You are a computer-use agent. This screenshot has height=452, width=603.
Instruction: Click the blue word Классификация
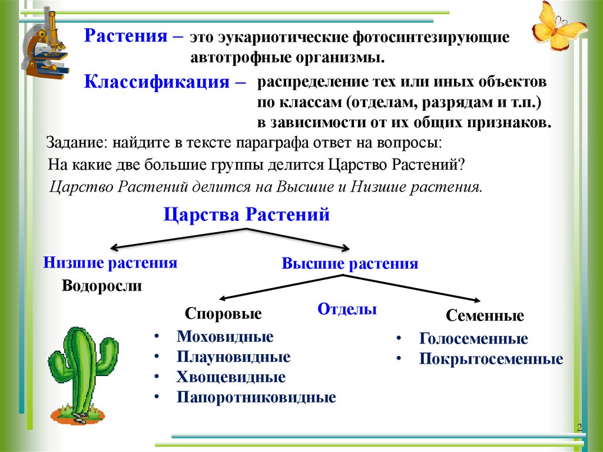click(158, 81)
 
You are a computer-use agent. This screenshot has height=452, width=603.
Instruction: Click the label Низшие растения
click(111, 263)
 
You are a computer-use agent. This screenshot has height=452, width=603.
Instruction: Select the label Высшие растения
click(350, 263)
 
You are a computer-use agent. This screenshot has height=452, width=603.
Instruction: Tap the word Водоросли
click(102, 286)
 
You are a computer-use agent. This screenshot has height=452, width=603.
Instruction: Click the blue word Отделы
click(347, 309)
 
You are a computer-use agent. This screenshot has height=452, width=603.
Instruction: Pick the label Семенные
click(485, 316)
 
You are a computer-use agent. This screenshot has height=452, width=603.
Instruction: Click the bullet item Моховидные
click(224, 337)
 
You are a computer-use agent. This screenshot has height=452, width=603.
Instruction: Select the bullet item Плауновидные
click(233, 357)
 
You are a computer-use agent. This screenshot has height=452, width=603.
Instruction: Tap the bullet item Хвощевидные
click(231, 377)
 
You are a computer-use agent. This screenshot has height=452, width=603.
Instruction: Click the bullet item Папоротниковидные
click(256, 397)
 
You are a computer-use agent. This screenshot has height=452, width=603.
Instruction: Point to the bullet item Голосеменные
click(473, 339)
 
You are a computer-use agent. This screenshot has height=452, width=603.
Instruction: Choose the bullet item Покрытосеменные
click(491, 359)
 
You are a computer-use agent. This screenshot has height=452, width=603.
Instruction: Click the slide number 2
click(579, 427)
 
